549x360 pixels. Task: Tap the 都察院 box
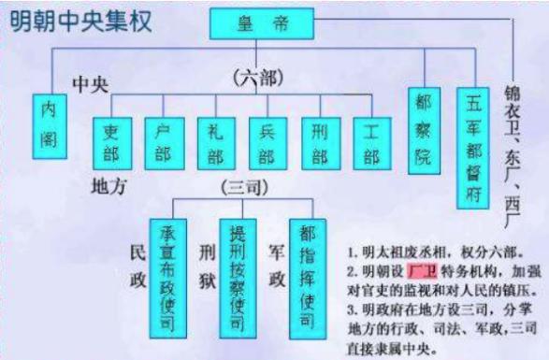424,130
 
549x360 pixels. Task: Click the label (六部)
256,80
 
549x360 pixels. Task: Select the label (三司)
244,187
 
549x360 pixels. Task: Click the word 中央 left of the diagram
93,84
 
